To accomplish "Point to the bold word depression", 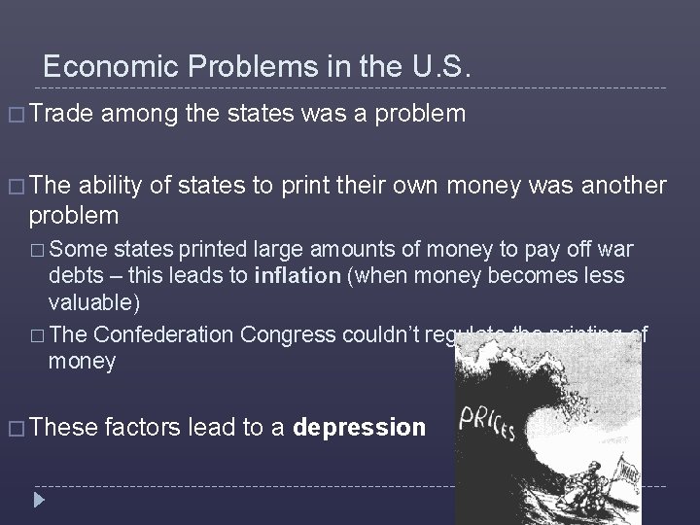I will [x=359, y=427].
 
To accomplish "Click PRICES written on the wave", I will [x=492, y=422].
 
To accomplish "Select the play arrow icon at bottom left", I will [x=40, y=502].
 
